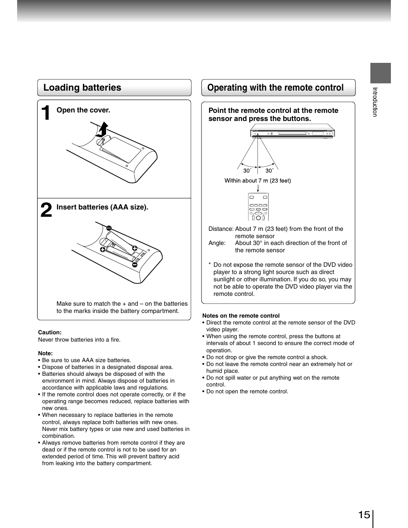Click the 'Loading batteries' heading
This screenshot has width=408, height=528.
click(x=82, y=88)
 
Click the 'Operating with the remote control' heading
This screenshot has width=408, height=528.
click(x=275, y=88)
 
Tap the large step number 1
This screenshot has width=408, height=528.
click(x=46, y=113)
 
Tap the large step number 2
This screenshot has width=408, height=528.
click(x=46, y=210)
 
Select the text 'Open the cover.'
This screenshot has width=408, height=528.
click(x=83, y=110)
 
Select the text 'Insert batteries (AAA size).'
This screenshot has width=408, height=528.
click(x=102, y=207)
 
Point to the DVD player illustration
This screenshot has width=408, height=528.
click(x=292, y=133)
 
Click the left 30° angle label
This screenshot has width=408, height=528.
click(x=247, y=171)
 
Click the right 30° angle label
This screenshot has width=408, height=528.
click(x=269, y=171)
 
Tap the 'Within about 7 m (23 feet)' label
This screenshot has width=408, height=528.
click(x=257, y=180)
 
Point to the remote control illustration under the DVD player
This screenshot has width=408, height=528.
click(x=258, y=206)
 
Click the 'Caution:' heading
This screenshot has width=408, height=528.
click(x=50, y=332)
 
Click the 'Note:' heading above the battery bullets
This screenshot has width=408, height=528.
click(x=45, y=353)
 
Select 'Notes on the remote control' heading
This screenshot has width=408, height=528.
click(x=241, y=316)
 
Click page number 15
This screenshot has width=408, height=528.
click(x=364, y=515)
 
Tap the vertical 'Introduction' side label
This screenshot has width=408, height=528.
click(x=375, y=102)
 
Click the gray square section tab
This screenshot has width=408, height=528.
click(x=380, y=73)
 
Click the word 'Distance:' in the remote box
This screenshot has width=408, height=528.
click(x=221, y=229)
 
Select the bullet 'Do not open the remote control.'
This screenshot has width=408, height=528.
click(x=247, y=392)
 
